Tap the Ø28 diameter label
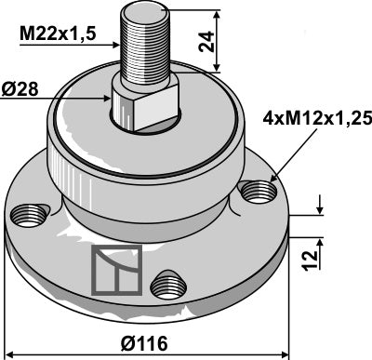click(29, 90)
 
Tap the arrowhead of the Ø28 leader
click(110, 96)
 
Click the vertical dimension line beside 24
click(218, 42)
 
